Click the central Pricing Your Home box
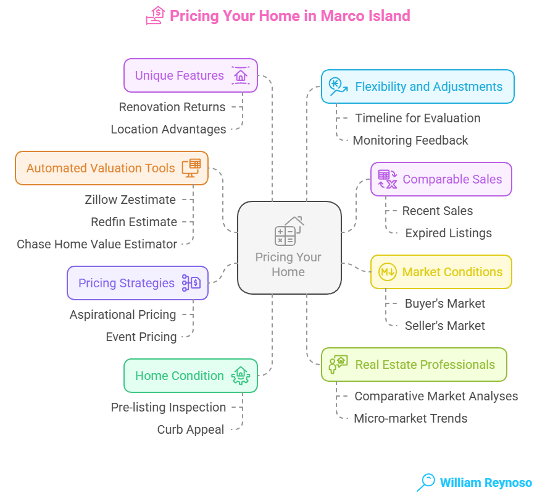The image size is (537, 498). [x=289, y=247]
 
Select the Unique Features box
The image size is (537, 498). [x=190, y=75]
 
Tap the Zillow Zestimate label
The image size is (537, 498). [x=130, y=200]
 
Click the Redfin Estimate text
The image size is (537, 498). [x=134, y=222]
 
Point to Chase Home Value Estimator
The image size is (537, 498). [x=97, y=244]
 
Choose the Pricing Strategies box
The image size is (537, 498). [x=137, y=283]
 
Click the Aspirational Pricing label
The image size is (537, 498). [x=123, y=314]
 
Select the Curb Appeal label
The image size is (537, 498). [x=191, y=429]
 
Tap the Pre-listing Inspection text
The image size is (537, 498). [x=168, y=407]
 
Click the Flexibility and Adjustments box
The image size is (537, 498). [x=417, y=87]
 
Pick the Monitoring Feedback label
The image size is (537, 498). [x=410, y=140]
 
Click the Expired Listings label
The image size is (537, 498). [x=448, y=233]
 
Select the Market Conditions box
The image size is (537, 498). [x=441, y=272]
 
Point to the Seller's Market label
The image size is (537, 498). [x=444, y=326]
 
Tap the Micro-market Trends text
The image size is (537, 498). [x=410, y=418]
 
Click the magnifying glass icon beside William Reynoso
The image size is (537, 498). [x=426, y=482]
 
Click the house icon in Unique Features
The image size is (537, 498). [x=240, y=75]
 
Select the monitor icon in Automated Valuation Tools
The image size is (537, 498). [x=191, y=168]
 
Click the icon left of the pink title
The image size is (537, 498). [x=155, y=15]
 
